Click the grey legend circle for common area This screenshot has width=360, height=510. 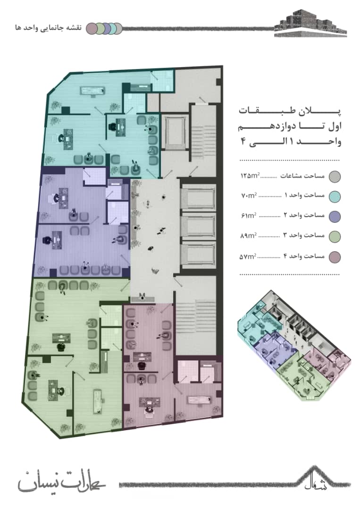tap(335, 176)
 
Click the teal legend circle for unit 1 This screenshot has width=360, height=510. tap(335, 196)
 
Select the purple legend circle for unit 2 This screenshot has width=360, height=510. tap(335, 216)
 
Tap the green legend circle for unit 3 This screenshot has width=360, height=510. tap(335, 237)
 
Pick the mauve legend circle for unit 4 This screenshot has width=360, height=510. tap(335, 257)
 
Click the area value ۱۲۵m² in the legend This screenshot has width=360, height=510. tap(250, 176)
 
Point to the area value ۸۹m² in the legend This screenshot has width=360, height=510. tap(248, 236)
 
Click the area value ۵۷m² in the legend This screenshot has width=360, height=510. tap(248, 256)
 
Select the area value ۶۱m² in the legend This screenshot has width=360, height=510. tap(249, 215)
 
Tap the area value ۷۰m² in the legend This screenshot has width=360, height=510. tap(249, 195)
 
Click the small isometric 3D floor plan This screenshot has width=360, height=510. tap(293, 345)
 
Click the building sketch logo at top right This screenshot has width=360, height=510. tap(310, 23)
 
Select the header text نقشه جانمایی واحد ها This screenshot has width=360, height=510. tap(49, 28)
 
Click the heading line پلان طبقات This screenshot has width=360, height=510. tap(290, 111)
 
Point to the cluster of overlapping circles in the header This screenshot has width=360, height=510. tap(104, 28)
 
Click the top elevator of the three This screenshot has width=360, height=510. tap(198, 197)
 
